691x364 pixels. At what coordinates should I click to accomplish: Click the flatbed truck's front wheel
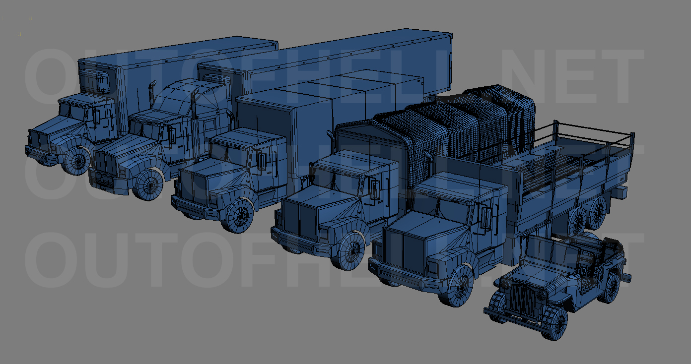tap(459, 286)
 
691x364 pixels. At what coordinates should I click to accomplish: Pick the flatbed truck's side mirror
tap(485, 218)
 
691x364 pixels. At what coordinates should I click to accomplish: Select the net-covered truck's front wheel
tap(351, 251)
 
